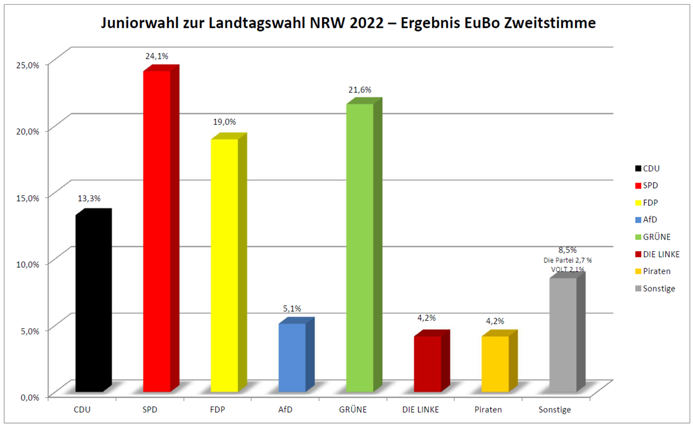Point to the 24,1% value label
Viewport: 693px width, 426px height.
[x=157, y=56]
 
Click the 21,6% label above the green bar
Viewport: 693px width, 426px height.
[x=360, y=90]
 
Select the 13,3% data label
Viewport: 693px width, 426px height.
[x=89, y=198]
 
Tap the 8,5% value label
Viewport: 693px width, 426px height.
[x=566, y=250]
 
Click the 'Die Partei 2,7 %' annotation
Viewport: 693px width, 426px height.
[x=567, y=260]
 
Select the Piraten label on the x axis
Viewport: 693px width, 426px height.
[x=488, y=410]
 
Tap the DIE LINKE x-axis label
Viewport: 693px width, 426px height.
[x=421, y=410]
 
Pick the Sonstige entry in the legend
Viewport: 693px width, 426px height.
[x=659, y=289]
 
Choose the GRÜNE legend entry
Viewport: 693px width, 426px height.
[x=657, y=237]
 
